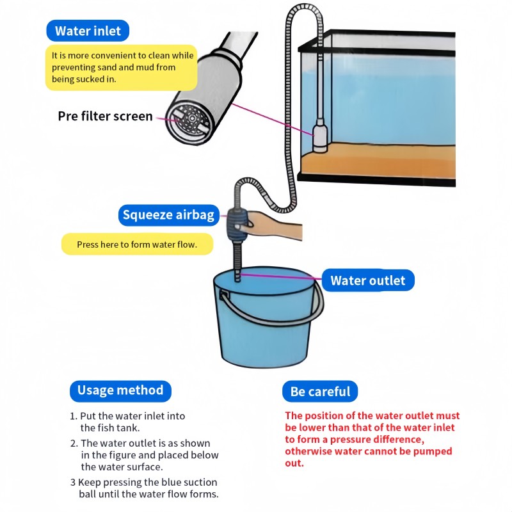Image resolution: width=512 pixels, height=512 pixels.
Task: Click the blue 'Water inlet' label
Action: pos(88,31)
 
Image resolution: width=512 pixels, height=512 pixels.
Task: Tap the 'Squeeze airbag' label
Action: pos(168,215)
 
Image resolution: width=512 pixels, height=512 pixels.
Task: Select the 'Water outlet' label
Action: pos(367,280)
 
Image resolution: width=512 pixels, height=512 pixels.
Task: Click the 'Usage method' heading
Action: pos(120,390)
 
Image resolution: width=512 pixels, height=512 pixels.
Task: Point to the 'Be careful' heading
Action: pos(320,392)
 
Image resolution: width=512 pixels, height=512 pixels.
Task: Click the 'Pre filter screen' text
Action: pos(105,116)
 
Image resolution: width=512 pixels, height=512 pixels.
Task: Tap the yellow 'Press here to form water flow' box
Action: pos(136,244)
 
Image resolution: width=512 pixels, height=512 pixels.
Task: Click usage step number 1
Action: pos(74,416)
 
